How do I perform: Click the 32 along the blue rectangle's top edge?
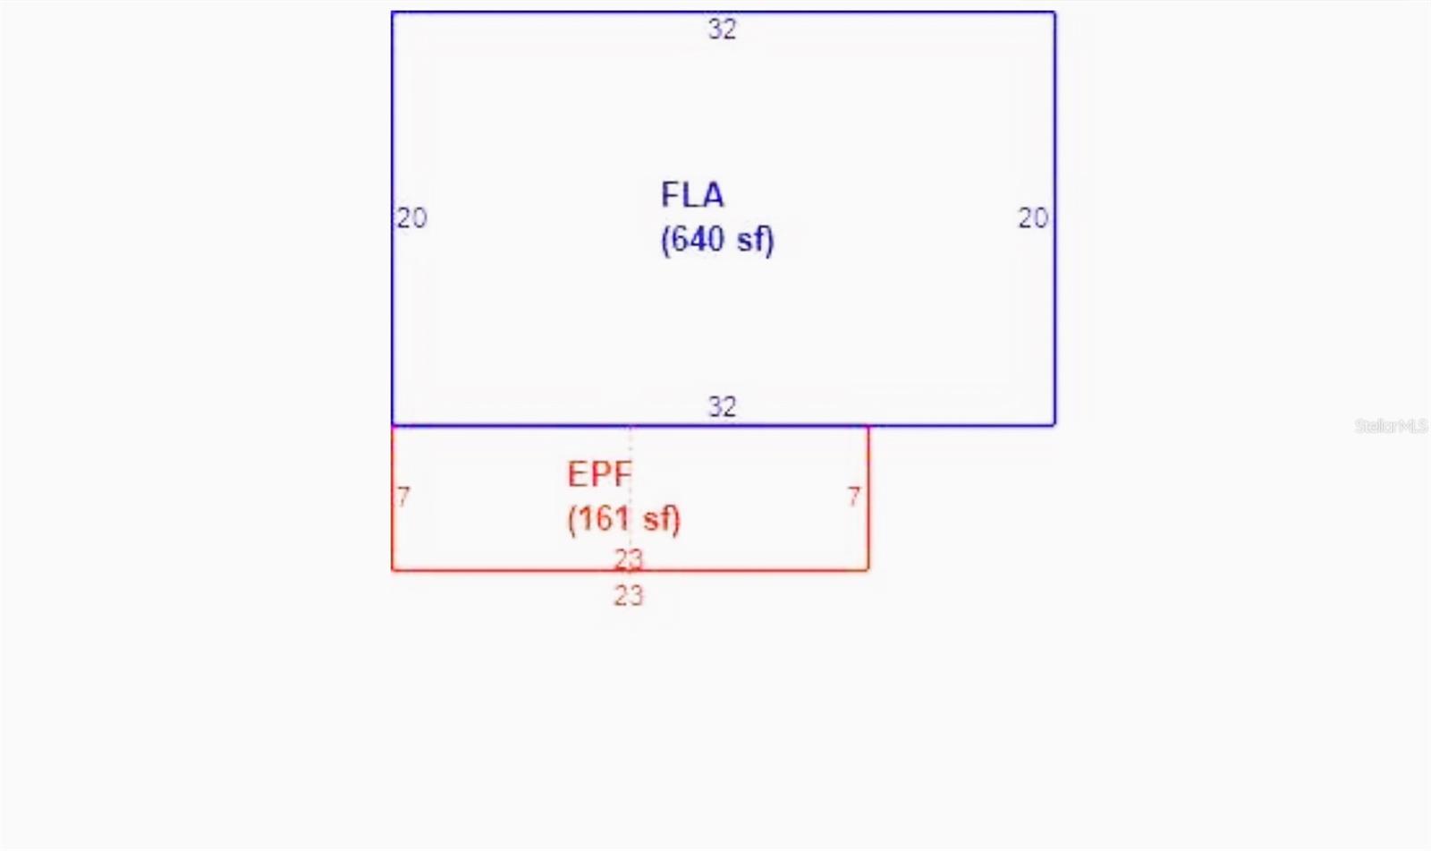click(722, 30)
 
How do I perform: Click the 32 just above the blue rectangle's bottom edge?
click(722, 406)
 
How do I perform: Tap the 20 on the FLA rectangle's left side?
click(412, 218)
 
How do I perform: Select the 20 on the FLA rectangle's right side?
click(1033, 218)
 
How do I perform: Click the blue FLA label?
click(692, 195)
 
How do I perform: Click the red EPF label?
click(599, 474)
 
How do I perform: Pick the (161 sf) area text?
click(624, 519)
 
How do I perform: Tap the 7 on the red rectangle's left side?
click(403, 497)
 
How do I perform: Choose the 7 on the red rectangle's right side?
click(854, 497)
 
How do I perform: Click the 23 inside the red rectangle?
click(629, 560)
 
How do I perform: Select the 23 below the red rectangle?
click(629, 596)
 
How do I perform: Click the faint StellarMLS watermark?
click(1391, 426)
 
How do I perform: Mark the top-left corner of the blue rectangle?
click(393, 13)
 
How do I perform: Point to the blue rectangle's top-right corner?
click(1054, 13)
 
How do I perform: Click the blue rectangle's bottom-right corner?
click(1054, 424)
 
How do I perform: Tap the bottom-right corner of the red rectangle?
click(868, 569)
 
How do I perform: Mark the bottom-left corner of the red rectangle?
click(393, 569)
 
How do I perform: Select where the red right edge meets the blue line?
click(868, 425)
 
